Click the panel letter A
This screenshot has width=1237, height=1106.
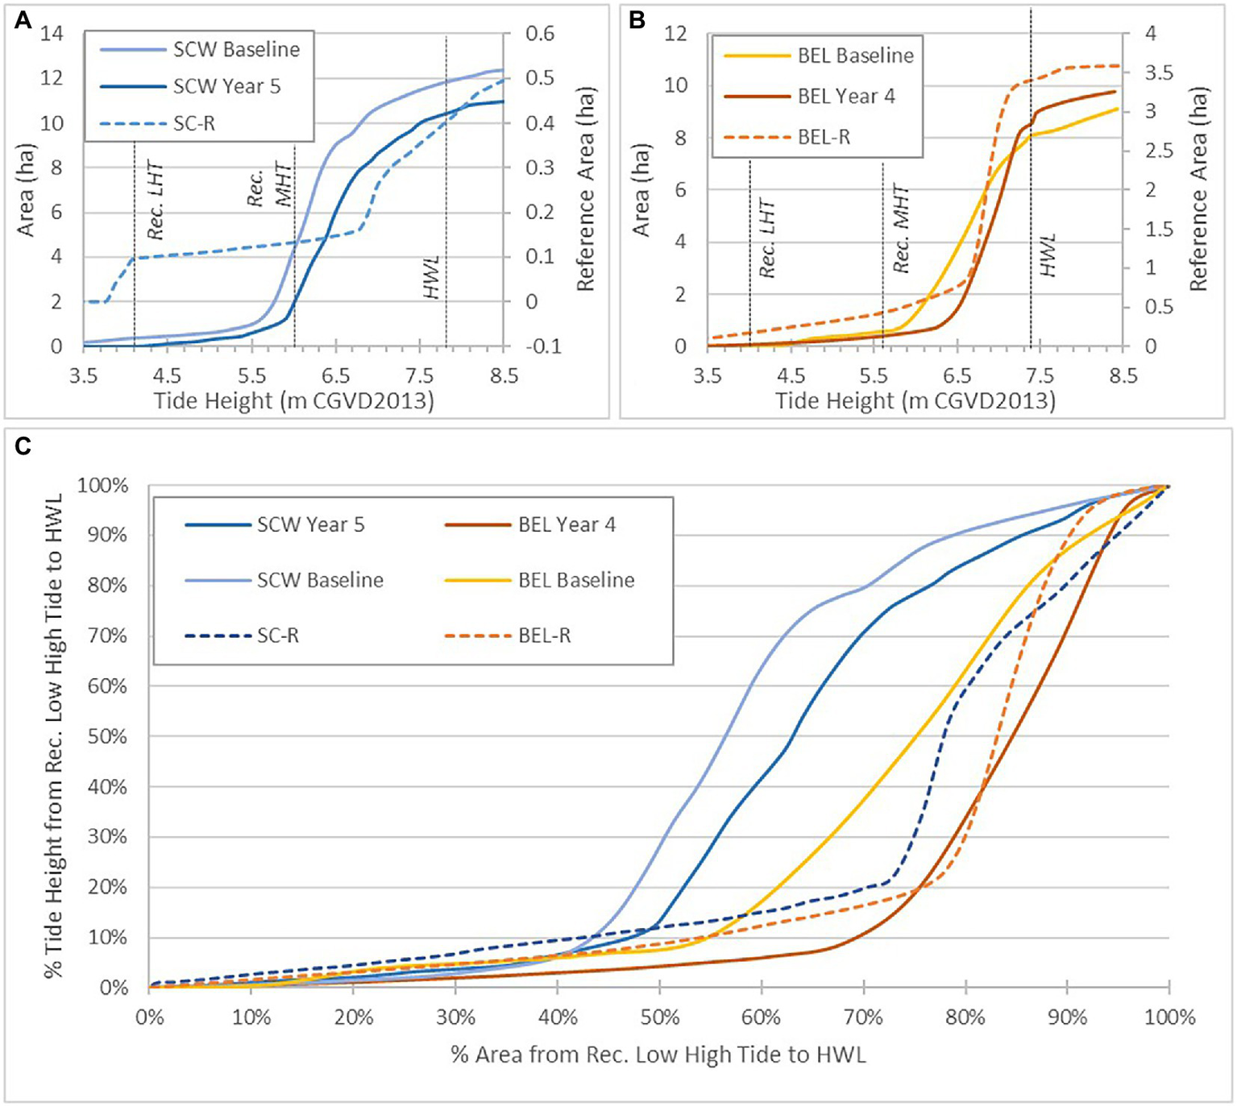pos(23,20)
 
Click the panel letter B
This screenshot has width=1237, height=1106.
pos(637,20)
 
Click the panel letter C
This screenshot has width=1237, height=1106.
pos(23,445)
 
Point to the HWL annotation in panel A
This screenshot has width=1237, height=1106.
pos(432,277)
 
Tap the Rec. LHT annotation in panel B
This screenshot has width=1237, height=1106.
pos(767,238)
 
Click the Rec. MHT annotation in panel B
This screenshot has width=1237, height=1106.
pos(901,230)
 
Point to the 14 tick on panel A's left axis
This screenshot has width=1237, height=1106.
pos(52,34)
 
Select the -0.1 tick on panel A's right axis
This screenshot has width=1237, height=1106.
pos(542,346)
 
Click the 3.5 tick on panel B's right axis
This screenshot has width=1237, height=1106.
pos(1159,72)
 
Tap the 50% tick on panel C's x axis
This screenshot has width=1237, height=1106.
pos(659,1017)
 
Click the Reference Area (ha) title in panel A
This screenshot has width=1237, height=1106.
pos(585,189)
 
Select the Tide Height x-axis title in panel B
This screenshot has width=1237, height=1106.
pos(915,400)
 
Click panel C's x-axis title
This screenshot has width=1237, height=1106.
pos(658,1054)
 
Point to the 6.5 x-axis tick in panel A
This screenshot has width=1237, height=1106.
pos(335,376)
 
